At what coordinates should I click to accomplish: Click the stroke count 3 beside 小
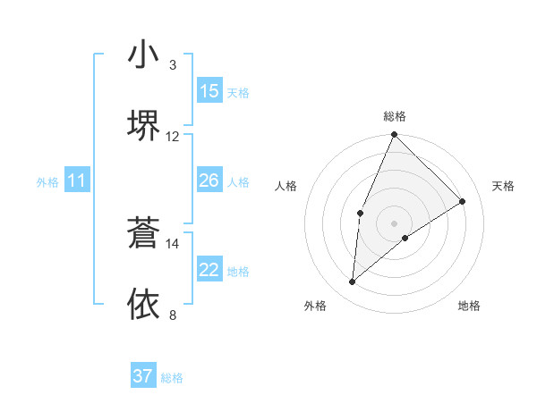(173, 65)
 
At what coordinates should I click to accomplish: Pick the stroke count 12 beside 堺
(173, 136)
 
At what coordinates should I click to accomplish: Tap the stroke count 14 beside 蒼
(173, 243)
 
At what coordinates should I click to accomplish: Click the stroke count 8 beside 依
(173, 315)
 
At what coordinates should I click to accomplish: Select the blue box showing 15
(209, 91)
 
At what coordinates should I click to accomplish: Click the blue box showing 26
(209, 181)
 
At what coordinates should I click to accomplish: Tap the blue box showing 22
(209, 270)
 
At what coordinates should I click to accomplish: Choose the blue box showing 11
(77, 181)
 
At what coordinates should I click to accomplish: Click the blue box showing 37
(143, 376)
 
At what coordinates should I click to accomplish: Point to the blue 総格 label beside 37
(172, 378)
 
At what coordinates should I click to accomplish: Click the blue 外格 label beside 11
(47, 182)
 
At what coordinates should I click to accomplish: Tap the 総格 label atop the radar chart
(395, 116)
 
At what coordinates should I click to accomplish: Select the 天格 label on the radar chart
(504, 186)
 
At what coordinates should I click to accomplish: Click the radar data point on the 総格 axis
(394, 136)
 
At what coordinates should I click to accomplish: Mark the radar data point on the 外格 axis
(353, 281)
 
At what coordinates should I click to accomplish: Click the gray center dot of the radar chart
(394, 223)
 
